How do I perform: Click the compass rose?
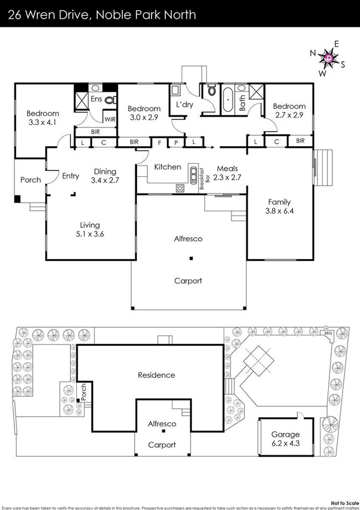[328, 57]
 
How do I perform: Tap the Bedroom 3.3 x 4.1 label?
[42, 118]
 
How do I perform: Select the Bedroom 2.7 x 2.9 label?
[290, 111]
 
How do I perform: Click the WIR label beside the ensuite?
[109, 119]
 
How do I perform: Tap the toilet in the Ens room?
[109, 100]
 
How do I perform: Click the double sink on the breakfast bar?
[194, 177]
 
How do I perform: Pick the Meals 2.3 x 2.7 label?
[228, 173]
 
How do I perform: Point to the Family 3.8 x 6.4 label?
[279, 206]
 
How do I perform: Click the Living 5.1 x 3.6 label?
[87, 230]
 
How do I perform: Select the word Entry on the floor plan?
[70, 176]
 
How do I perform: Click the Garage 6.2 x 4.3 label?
[285, 438]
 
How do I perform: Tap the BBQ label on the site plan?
[328, 333]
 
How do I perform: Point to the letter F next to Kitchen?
[160, 142]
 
